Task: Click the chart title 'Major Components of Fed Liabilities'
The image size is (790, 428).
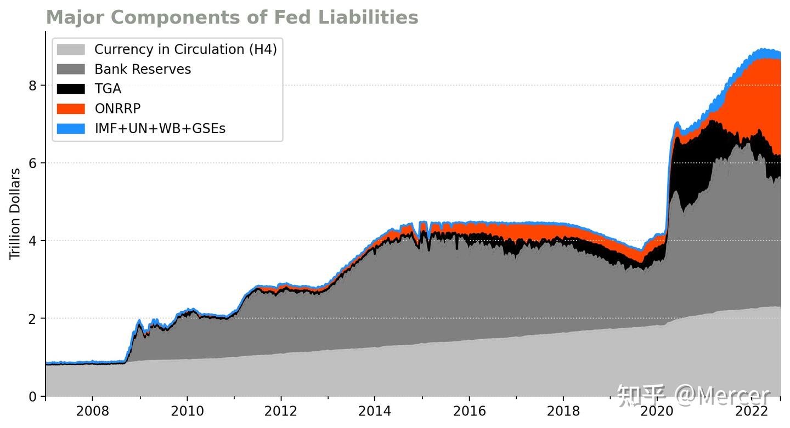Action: coord(232,18)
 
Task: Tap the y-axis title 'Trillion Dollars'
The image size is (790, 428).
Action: coord(15,214)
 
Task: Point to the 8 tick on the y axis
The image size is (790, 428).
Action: coord(33,85)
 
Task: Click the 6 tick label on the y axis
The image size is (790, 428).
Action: coord(33,163)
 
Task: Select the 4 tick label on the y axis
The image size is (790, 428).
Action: coord(33,241)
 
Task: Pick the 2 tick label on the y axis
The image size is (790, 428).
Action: coord(33,318)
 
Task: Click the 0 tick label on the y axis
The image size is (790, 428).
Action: coord(33,396)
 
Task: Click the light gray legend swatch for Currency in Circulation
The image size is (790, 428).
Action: coord(71,49)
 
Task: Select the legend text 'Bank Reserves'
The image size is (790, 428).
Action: coord(143,70)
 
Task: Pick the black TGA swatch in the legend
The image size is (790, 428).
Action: coord(71,89)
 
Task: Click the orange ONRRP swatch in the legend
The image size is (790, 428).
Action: coord(71,109)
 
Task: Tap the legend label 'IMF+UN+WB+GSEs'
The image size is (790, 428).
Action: coord(160,129)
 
